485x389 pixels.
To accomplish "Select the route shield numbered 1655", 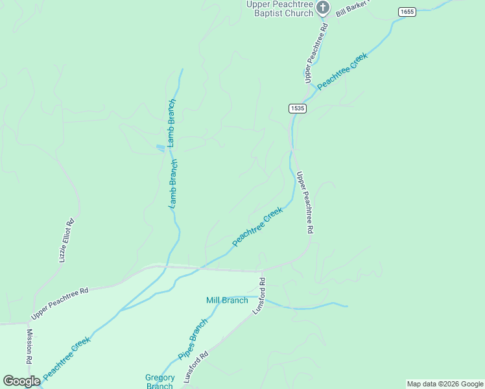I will tap(407, 12).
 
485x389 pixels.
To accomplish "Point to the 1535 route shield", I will tap(298, 108).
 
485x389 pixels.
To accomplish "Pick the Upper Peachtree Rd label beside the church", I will tap(317, 54).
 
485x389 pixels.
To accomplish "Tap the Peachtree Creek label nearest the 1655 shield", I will tap(342, 71).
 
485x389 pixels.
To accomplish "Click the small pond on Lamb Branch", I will tap(160, 148).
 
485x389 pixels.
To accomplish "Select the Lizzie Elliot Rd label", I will tap(67, 240).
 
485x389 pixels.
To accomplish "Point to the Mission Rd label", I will tap(29, 346).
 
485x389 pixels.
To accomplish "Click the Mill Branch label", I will tap(227, 300).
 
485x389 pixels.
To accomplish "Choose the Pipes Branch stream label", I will tap(193, 339).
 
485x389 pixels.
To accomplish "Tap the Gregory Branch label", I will tap(160, 382).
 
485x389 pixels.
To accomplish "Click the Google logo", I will tap(21, 381).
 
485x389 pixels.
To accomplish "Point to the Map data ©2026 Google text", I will tap(444, 384).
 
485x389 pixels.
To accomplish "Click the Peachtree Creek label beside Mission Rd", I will tap(66, 357).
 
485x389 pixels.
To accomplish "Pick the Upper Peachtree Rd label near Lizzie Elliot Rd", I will tap(59, 303).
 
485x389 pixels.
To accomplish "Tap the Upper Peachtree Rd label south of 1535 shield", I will tap(305, 202).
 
